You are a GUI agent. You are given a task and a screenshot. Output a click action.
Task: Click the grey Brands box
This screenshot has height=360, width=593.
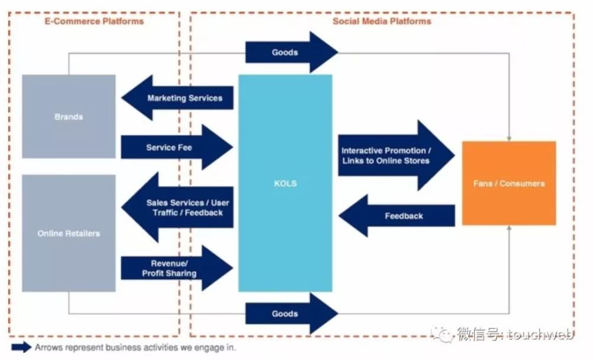(69, 116)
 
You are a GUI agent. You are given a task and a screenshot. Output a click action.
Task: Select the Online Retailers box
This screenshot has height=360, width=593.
(69, 233)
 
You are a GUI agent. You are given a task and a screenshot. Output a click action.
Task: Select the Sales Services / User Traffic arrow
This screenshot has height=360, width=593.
(178, 208)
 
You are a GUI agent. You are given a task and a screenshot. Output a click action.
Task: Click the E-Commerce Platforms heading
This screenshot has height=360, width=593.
(94, 21)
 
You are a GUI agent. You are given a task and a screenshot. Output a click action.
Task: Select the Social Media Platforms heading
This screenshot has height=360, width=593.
(382, 21)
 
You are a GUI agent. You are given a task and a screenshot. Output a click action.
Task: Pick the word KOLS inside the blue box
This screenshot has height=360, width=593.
(285, 183)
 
